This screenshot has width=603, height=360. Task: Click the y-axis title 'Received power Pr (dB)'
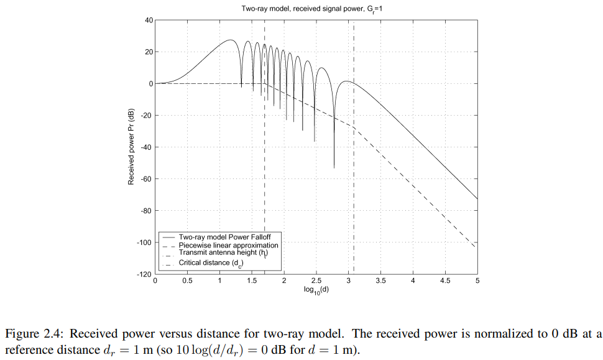pos(131,147)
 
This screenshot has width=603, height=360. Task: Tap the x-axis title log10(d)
pos(316,289)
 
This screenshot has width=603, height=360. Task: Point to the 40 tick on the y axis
pos(148,20)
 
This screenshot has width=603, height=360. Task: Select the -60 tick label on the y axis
pos(146,179)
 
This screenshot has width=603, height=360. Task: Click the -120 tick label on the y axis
pos(145,274)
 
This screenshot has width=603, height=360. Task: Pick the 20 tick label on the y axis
pos(148,52)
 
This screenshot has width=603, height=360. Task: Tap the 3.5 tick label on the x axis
pos(381,281)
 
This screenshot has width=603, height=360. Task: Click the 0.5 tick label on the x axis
pos(187,281)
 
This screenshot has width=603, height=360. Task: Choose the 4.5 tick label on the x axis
pos(446,281)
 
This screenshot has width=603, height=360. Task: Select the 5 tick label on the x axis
pos(477,281)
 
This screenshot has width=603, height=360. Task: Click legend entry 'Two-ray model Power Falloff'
pos(224,238)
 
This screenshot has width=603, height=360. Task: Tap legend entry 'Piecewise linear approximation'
pos(228,246)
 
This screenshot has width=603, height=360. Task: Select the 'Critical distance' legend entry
pos(210,263)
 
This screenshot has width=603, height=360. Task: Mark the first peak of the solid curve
pos(231,40)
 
